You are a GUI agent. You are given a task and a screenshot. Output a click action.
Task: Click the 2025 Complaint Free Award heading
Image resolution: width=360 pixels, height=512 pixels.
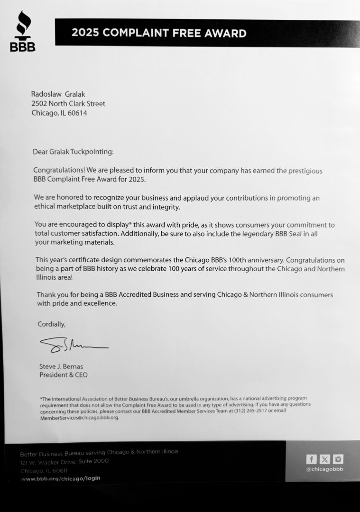click(x=159, y=33)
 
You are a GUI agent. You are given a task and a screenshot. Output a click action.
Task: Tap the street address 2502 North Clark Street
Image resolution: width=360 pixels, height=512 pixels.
click(x=68, y=103)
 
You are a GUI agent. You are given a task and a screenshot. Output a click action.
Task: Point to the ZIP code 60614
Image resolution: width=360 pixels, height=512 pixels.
click(x=77, y=113)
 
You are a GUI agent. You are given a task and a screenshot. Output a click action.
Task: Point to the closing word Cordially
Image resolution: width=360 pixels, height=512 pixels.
click(x=52, y=324)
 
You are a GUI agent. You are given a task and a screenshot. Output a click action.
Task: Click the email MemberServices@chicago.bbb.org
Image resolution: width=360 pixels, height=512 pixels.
click(x=79, y=417)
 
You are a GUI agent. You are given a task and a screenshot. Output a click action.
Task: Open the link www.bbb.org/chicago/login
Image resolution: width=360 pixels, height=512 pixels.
click(x=61, y=479)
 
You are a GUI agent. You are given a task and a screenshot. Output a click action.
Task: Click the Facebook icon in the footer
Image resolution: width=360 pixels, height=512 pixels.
click(x=311, y=459)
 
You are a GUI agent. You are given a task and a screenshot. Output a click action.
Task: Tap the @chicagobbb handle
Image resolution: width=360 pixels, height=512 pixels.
click(x=325, y=469)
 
